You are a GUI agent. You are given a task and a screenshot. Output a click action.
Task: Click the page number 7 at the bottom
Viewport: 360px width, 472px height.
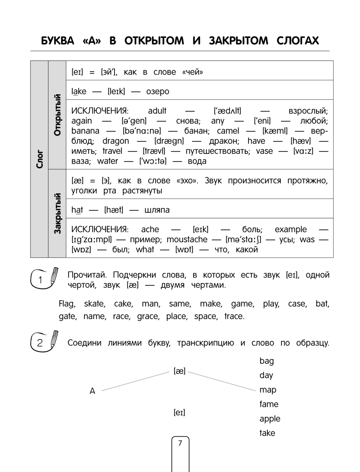point(180,443)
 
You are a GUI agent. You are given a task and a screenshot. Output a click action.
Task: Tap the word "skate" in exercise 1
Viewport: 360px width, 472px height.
point(94,304)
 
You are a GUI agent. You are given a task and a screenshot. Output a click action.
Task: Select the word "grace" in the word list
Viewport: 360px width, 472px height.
point(148,317)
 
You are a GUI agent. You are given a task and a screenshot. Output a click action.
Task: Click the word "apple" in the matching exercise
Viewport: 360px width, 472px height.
point(270,419)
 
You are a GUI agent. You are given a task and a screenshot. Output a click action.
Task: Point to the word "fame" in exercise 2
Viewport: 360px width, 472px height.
point(269,404)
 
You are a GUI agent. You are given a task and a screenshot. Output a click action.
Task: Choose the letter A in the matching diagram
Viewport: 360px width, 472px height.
point(93,391)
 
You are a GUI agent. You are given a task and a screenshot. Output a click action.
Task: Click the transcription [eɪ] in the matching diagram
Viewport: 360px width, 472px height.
point(179,413)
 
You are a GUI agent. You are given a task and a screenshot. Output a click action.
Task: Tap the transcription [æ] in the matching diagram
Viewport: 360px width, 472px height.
point(179,371)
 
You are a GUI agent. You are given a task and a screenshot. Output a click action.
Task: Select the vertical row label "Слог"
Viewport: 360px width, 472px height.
point(39,159)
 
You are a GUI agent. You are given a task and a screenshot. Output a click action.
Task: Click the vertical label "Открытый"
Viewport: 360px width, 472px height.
point(57,115)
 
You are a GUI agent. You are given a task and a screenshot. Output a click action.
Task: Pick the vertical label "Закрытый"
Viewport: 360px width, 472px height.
point(57,213)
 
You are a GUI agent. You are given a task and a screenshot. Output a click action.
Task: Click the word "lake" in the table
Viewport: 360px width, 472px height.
point(79,91)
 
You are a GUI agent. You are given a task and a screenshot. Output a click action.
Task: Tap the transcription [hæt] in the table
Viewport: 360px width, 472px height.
point(114,210)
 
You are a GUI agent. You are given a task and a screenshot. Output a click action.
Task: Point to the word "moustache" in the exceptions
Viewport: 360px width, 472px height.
point(187,240)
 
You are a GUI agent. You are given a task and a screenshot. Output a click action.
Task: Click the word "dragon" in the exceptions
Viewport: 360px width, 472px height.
point(116,141)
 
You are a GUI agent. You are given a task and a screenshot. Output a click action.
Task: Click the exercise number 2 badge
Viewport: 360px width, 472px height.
point(40,342)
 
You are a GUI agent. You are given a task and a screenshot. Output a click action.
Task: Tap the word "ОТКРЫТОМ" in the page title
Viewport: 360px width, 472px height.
point(154,41)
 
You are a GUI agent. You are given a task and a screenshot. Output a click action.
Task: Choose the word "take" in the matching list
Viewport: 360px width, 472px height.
point(267,433)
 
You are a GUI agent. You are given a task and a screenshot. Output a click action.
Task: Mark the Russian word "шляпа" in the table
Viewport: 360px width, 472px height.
point(157,210)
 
